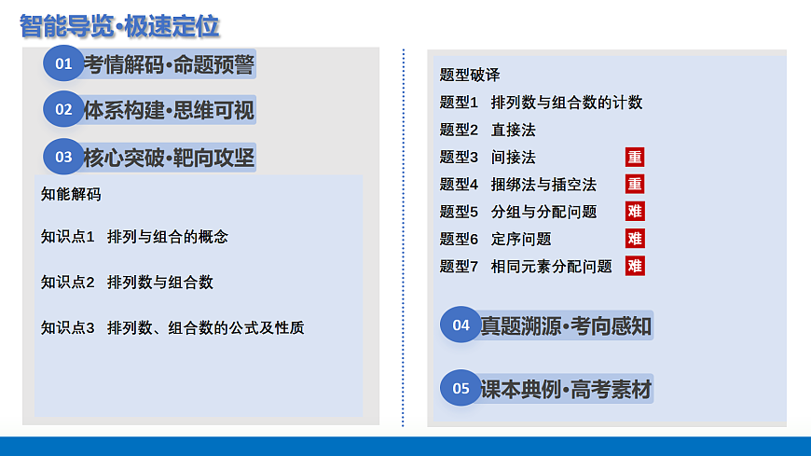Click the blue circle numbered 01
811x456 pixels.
click(63, 63)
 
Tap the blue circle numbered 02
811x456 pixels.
click(63, 109)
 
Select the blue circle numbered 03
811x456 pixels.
click(63, 157)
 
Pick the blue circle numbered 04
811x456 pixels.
click(460, 325)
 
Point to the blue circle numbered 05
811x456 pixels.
click(460, 388)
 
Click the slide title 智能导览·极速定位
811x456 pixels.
click(119, 25)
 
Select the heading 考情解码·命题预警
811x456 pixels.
click(169, 63)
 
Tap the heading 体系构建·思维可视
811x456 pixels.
click(169, 109)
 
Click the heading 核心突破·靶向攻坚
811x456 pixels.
click(169, 157)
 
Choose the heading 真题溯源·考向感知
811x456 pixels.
click(566, 325)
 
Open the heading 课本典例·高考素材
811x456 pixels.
click(566, 389)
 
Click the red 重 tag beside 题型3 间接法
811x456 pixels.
click(635, 157)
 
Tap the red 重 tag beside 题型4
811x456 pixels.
click(635, 184)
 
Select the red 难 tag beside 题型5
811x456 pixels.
click(635, 211)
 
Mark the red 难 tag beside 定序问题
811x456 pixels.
click(635, 239)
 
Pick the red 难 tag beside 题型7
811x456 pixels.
click(635, 266)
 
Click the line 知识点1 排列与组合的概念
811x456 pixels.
click(134, 237)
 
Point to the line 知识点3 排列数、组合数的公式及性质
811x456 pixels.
click(172, 327)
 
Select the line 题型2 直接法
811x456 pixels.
click(488, 130)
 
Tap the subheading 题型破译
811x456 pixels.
click(470, 75)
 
